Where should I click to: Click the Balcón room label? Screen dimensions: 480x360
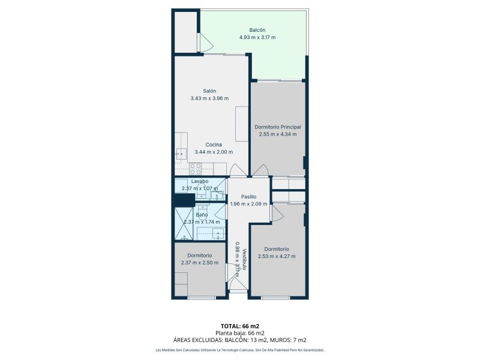coord(257,30)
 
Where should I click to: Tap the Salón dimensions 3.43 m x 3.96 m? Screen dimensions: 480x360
coord(209,98)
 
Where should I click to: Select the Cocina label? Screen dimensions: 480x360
coord(214,145)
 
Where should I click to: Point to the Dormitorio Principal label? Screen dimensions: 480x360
coord(278,127)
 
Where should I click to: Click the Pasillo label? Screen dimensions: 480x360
coord(248,197)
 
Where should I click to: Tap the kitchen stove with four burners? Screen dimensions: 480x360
coord(195,169)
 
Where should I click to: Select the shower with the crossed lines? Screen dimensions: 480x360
coord(184,223)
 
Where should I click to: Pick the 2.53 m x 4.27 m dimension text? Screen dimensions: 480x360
coord(277,256)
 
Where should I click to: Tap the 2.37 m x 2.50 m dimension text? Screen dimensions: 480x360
coord(200,262)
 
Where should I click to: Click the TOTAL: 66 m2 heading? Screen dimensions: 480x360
coord(240,326)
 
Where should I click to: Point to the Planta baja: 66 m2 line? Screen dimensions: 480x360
coord(240,333)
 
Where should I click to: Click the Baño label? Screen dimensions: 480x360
coord(202,215)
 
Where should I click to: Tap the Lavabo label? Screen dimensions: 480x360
coord(200,181)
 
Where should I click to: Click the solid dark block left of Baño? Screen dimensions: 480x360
coord(184,200)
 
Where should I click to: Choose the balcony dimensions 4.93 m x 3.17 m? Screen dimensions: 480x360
coord(257,37)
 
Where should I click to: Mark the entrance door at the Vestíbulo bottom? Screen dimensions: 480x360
coord(238,284)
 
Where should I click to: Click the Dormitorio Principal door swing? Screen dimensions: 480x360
coord(261,170)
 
